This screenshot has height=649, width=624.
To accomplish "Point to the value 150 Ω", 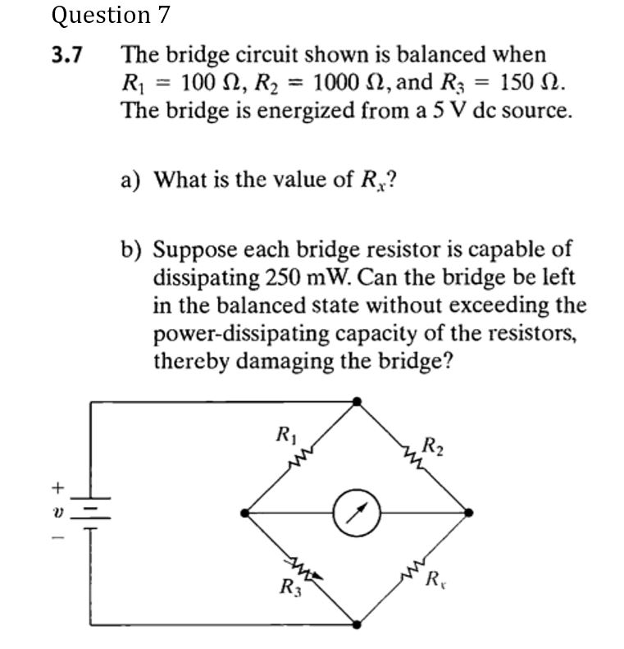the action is (x=531, y=83).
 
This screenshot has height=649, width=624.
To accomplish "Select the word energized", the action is (x=269, y=110).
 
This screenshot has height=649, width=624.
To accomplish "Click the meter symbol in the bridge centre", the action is (x=358, y=513).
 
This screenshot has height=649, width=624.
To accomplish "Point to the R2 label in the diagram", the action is (x=432, y=447).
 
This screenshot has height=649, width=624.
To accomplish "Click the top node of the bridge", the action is (x=357, y=401).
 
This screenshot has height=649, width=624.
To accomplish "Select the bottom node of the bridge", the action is (x=357, y=624).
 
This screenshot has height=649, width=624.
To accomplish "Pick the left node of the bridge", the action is (x=245, y=513).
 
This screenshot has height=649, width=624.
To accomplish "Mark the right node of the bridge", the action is (x=468, y=513).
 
